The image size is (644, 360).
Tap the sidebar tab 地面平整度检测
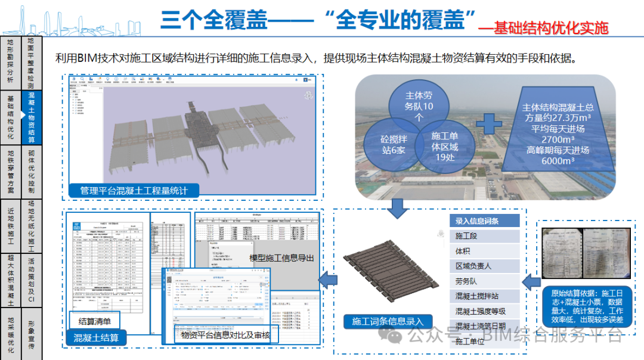[31, 63]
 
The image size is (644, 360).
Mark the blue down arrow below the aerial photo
[396, 209]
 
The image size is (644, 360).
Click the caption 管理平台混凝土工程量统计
[134, 191]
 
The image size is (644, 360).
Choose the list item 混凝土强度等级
[480, 311]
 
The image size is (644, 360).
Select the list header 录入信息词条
[476, 221]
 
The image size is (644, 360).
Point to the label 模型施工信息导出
[281, 258]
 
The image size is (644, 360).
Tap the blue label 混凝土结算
[96, 338]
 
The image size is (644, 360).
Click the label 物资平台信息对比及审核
[225, 336]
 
